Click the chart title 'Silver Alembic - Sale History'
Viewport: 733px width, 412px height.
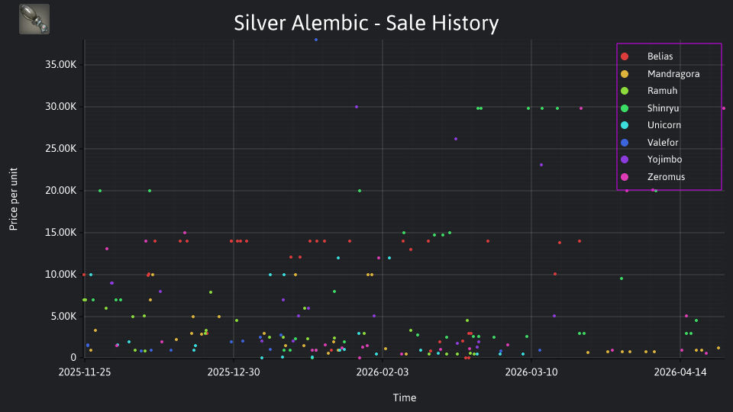[x=366, y=23]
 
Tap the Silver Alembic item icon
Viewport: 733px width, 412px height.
[x=34, y=19]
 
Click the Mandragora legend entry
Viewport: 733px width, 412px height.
[x=660, y=74]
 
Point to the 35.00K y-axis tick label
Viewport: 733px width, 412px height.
[x=61, y=64]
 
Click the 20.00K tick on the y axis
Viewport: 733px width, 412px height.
[x=61, y=191]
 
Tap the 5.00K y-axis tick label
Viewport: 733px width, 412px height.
[x=63, y=316]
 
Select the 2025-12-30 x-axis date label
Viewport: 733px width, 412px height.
[x=234, y=372]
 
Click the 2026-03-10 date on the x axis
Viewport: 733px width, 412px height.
[x=531, y=372]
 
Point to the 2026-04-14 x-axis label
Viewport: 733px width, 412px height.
[x=680, y=372]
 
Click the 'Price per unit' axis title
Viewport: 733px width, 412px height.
[x=14, y=199]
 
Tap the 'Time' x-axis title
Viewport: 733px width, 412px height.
[x=405, y=398]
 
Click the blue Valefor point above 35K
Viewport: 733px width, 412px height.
[x=316, y=40]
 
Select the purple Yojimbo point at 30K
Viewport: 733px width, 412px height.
[x=357, y=107]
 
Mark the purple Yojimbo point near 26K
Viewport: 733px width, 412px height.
[x=456, y=139]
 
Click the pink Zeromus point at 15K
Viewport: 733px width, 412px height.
[x=185, y=233]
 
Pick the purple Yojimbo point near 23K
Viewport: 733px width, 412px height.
[x=541, y=165]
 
